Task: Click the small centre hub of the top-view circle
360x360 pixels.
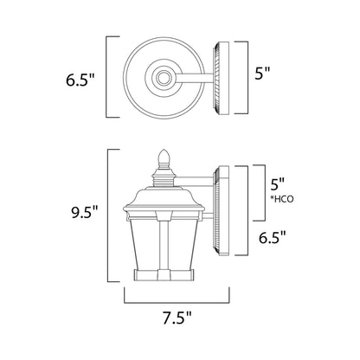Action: click(x=162, y=78)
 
